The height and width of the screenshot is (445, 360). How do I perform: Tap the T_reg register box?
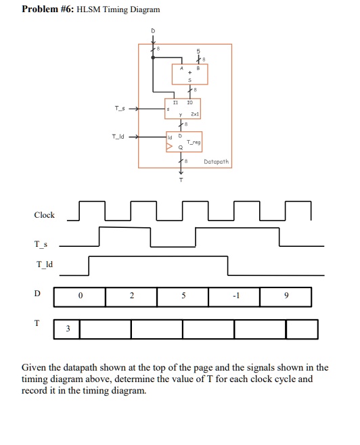(183, 142)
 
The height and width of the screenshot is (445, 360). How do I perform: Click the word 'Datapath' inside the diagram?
(217, 162)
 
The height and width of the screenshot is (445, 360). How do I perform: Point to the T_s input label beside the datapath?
(119, 108)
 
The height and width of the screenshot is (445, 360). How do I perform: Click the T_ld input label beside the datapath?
(118, 136)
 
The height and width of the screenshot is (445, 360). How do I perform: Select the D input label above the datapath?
(153, 31)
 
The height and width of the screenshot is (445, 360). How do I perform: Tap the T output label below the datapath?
(181, 181)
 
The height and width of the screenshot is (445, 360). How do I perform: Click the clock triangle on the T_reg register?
(170, 146)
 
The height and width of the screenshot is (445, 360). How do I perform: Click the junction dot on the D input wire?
(153, 57)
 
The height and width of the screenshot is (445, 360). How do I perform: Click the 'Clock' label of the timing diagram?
(44, 215)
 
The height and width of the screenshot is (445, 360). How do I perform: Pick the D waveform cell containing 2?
(131, 296)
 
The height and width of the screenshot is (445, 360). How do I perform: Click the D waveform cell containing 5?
(183, 296)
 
